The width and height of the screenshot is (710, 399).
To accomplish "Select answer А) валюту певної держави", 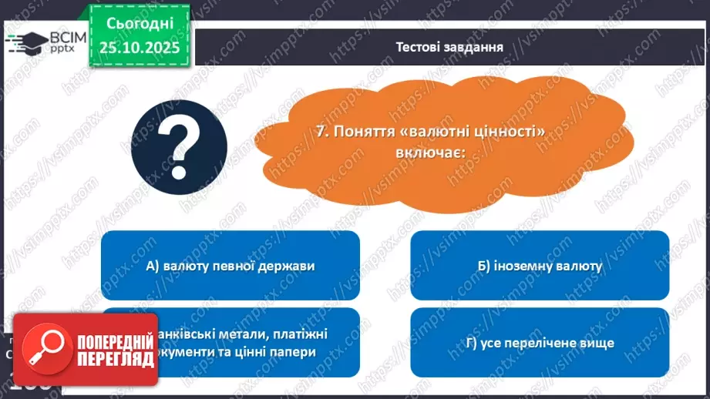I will point(230,267).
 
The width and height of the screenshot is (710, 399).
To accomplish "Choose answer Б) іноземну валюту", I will point(540,267).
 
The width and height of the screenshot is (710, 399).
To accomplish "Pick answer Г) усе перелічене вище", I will point(540,342).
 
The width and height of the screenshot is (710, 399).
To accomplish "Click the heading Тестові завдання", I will point(449,47).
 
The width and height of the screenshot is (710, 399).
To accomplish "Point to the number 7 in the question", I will point(321,132).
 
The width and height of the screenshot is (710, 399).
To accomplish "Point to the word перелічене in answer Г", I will point(540,342).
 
